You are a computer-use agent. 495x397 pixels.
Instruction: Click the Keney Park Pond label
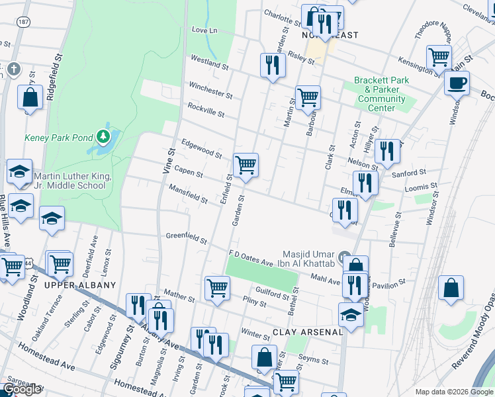tap(58, 138)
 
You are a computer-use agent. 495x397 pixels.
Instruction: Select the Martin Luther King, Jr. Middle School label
tap(69, 181)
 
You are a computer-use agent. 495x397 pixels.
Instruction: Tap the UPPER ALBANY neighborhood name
tap(80, 285)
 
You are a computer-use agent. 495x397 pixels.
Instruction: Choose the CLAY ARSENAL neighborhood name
tap(308, 331)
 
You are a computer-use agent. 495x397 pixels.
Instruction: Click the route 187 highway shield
tap(24, 22)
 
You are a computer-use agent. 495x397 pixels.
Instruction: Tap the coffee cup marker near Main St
tap(456, 83)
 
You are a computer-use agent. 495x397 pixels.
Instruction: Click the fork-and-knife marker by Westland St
tap(272, 64)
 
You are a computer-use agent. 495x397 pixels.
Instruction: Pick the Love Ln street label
tap(204, 30)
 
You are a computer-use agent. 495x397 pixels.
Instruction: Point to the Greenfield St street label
tap(186, 238)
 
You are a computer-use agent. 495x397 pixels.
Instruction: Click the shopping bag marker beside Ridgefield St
tap(31, 98)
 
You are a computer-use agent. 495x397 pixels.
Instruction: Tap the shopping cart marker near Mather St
tap(217, 288)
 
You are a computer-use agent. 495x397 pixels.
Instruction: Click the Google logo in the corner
tap(22, 389)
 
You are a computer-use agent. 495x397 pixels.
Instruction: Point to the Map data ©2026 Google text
tap(453, 392)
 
